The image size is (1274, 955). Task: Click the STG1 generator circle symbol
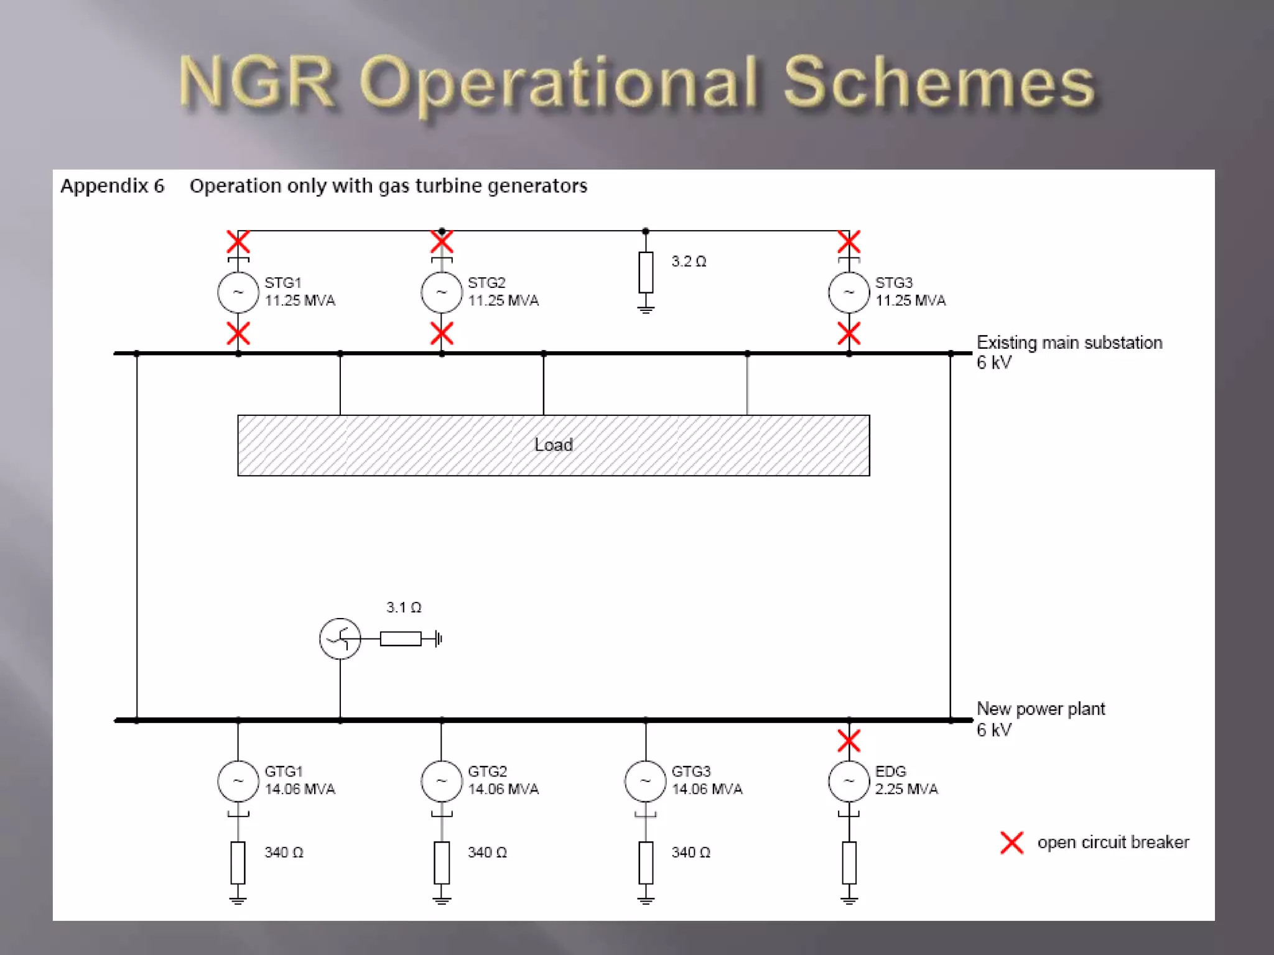click(238, 292)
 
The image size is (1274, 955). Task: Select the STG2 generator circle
click(441, 292)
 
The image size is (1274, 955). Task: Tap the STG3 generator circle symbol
click(849, 292)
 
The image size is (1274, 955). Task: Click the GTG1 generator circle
click(238, 781)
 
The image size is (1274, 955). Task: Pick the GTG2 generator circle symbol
click(441, 781)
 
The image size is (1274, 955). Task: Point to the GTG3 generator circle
click(645, 781)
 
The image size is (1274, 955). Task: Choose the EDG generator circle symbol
click(849, 781)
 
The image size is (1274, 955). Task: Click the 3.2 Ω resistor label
click(688, 262)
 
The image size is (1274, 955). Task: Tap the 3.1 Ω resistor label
click(403, 607)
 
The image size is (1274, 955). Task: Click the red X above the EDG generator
click(849, 740)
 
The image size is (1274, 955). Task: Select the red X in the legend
click(1011, 843)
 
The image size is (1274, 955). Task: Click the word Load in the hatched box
click(553, 445)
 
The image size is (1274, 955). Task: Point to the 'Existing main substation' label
click(1069, 343)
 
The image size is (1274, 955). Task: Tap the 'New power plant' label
click(1040, 709)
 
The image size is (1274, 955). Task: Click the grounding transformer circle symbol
click(340, 639)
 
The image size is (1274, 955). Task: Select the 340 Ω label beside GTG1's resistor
click(284, 852)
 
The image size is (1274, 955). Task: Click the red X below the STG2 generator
click(441, 334)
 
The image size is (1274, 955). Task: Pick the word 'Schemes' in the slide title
click(938, 83)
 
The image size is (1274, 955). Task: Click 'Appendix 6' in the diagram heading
click(112, 186)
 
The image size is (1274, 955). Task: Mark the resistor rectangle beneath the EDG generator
click(849, 862)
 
